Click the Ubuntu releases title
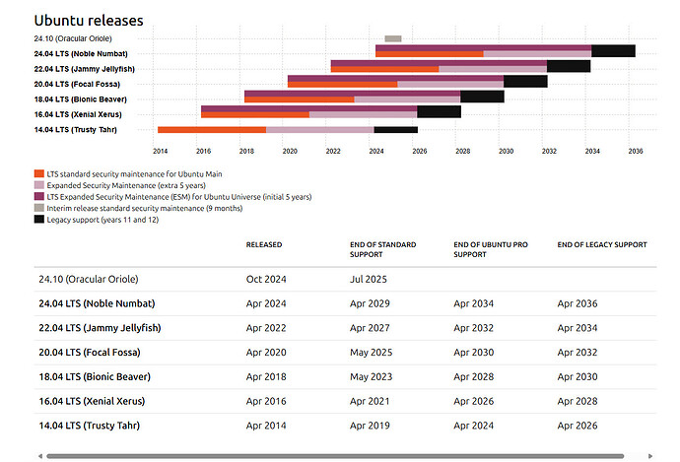coord(89,20)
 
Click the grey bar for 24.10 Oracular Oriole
coord(393,38)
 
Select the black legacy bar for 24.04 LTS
coord(613,51)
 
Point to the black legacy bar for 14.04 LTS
coord(395,129)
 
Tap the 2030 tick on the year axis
coord(506,152)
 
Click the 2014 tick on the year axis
coord(160,152)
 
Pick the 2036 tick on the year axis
coord(635,152)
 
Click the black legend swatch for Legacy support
coord(38,219)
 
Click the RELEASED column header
coord(263,244)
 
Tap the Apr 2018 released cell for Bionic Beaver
coord(267,376)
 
